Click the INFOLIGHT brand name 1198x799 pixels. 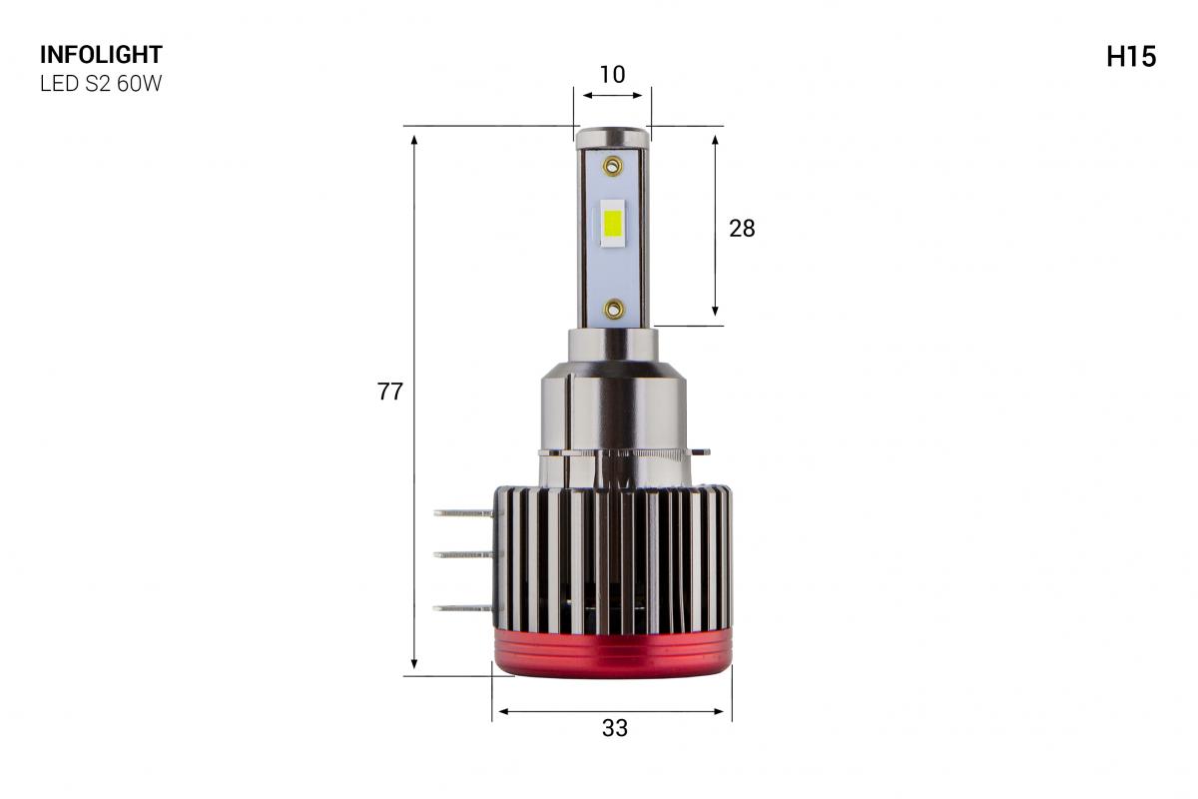[100, 55]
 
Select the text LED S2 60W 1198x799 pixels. [100, 84]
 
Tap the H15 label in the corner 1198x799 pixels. [1130, 58]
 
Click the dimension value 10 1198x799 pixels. [612, 74]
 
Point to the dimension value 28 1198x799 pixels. [742, 229]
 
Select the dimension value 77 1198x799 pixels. [389, 393]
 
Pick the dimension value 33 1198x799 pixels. [615, 729]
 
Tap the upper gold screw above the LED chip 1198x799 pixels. [612, 163]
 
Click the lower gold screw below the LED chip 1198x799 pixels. [612, 309]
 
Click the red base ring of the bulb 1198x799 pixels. [613, 657]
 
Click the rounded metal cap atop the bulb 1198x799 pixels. [612, 136]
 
